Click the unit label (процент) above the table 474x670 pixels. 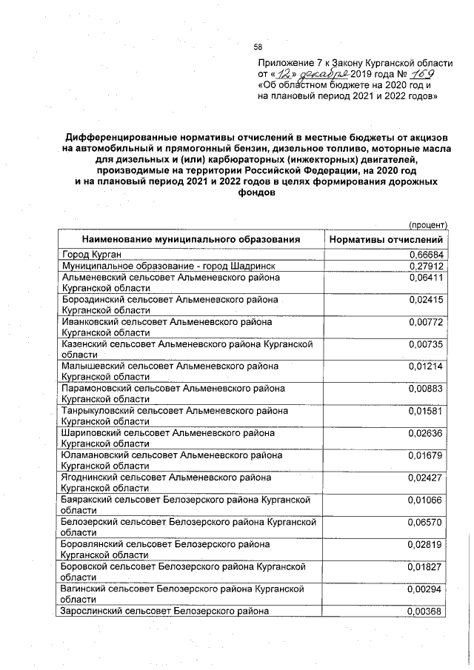tap(428, 224)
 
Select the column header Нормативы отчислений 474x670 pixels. tap(386, 240)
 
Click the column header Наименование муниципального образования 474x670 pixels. tap(191, 240)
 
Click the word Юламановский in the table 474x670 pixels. tap(92, 455)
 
